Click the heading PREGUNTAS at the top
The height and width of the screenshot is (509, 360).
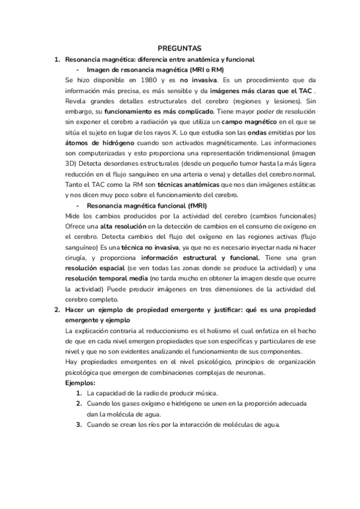click(x=179, y=47)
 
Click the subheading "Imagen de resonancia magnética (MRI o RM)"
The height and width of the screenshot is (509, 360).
click(x=155, y=69)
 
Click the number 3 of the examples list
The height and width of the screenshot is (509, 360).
click(x=78, y=425)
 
